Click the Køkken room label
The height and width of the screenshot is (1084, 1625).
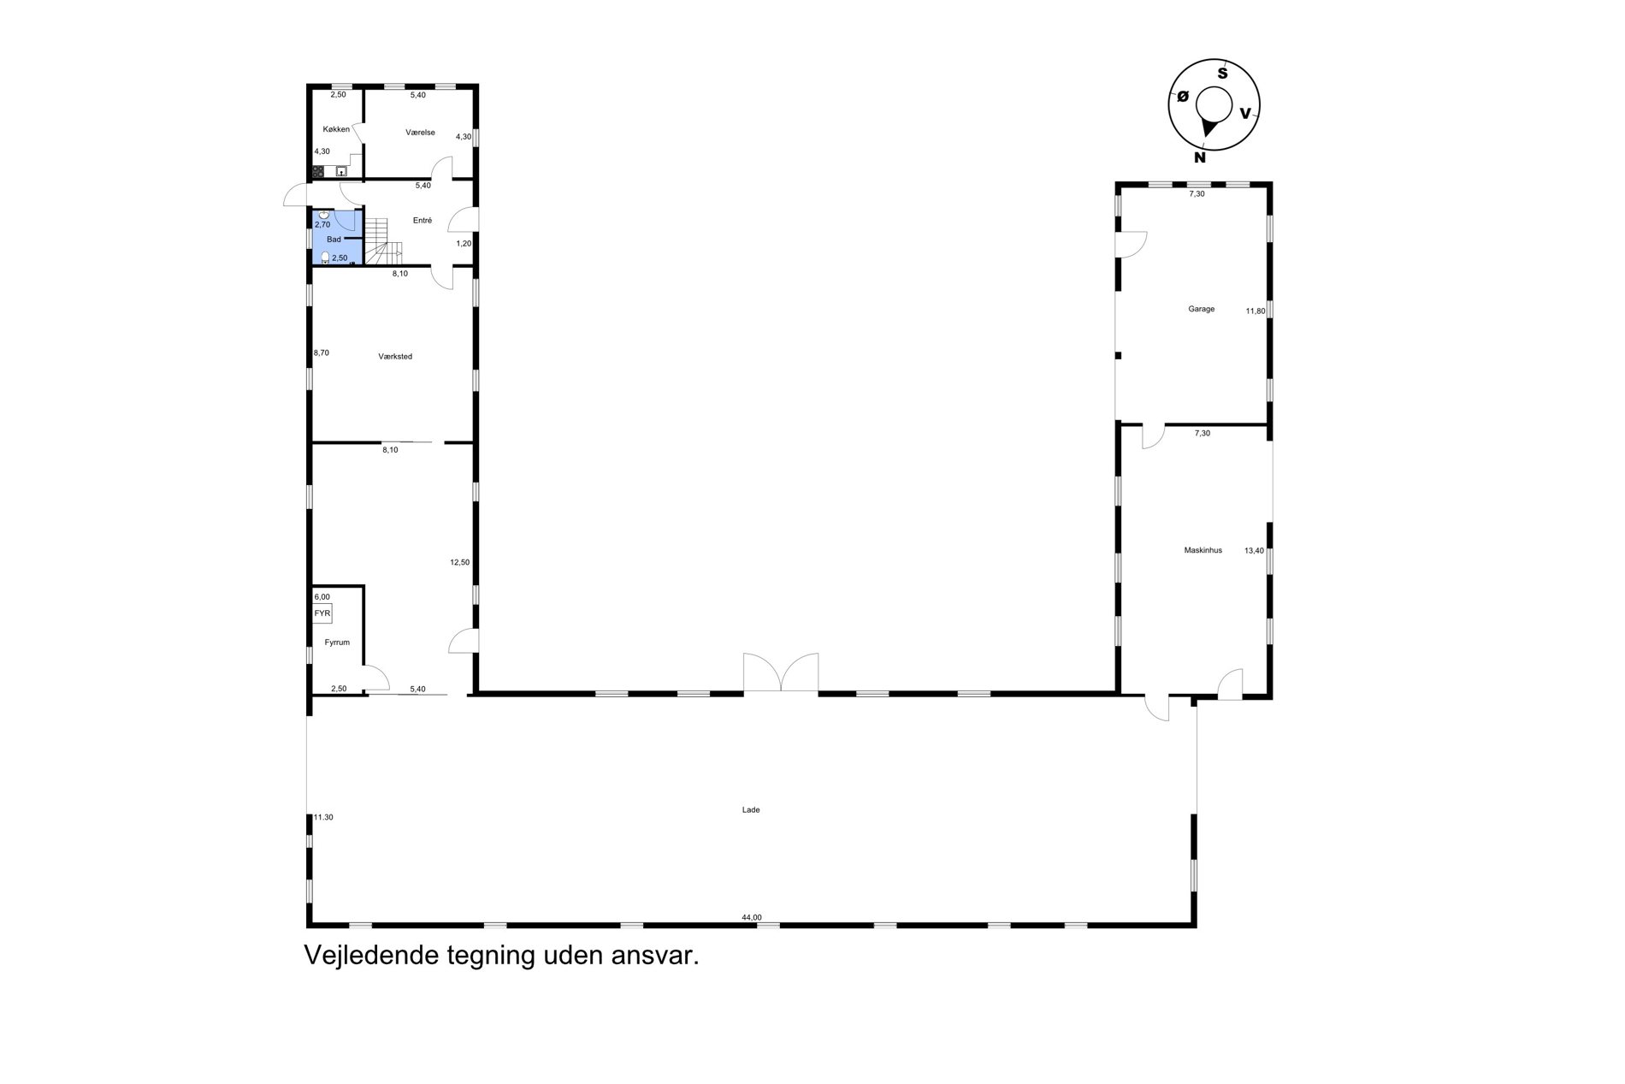click(336, 129)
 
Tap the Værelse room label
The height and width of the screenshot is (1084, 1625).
click(420, 133)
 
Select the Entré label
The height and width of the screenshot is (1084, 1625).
click(422, 221)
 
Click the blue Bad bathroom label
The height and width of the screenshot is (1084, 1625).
click(334, 240)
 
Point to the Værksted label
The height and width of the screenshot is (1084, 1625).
click(395, 356)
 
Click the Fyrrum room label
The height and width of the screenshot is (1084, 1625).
click(337, 643)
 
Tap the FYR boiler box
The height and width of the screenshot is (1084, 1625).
click(322, 613)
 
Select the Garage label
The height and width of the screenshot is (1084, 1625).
click(1201, 309)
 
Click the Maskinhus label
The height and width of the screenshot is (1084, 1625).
click(1202, 550)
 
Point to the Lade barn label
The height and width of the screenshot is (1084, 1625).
click(751, 809)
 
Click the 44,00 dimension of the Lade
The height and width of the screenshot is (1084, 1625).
click(752, 917)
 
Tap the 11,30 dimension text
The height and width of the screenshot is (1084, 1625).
click(323, 817)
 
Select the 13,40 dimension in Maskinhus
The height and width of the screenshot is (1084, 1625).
click(1254, 551)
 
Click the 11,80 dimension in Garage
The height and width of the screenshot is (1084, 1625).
click(1255, 311)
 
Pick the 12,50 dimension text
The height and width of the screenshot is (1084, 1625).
click(459, 562)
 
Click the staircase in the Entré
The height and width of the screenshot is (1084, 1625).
click(384, 241)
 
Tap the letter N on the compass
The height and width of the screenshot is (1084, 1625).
click(1200, 157)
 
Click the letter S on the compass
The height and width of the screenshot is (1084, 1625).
click(1222, 74)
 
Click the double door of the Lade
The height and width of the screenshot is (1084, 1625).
click(781, 672)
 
